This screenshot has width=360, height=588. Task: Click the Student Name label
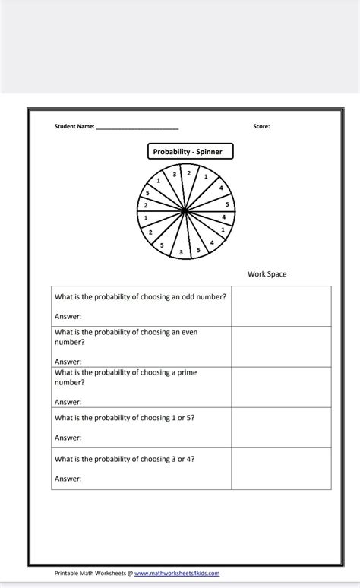(74, 127)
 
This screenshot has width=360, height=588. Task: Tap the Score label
(261, 127)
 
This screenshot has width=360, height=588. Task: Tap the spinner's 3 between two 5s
(181, 251)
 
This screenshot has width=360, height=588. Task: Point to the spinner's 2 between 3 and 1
(188, 173)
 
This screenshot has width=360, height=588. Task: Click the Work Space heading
(267, 274)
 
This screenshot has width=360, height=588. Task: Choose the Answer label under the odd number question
(68, 316)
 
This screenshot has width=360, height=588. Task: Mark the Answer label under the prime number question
(68, 402)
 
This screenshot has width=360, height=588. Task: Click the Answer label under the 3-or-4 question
(68, 479)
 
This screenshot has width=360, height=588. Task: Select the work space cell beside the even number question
(281, 346)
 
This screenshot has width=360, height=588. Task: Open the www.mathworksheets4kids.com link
(177, 573)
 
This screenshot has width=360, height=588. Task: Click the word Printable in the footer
(68, 573)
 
